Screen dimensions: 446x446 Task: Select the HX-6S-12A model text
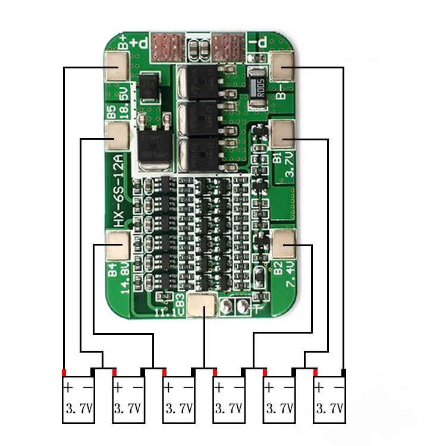click(x=118, y=189)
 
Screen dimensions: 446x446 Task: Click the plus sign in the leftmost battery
click(x=68, y=388)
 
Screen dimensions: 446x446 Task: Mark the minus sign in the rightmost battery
click(x=339, y=388)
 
